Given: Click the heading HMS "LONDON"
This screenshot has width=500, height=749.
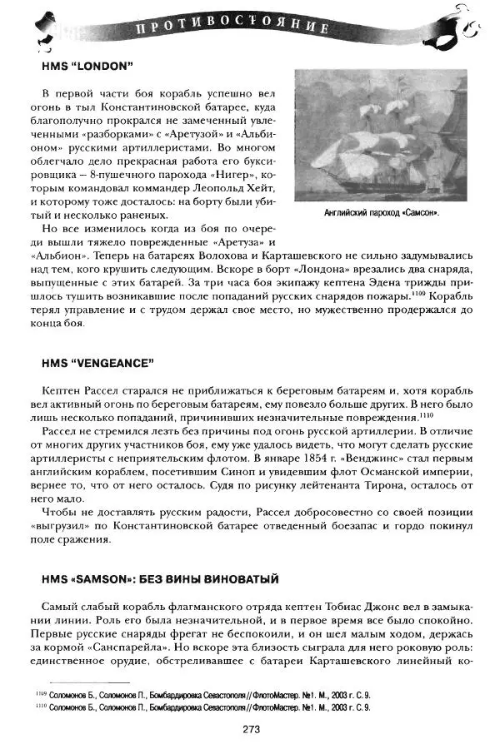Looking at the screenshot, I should click(87, 64).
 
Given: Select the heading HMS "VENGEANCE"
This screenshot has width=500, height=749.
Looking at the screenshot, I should click(98, 363).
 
